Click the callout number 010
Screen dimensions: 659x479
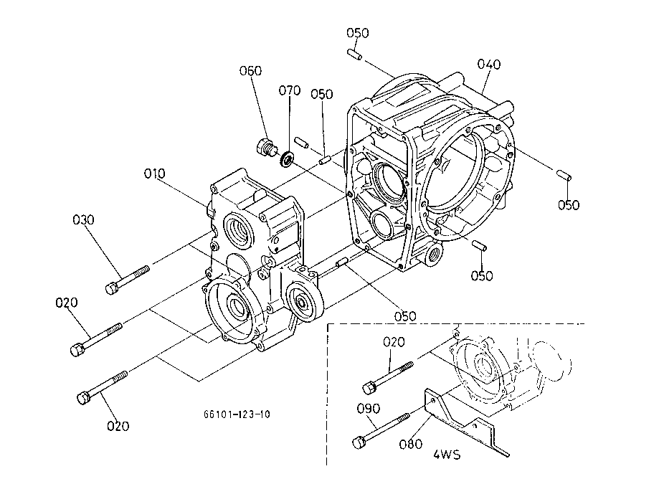[x=154, y=174]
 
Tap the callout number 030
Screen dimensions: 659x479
[x=83, y=219]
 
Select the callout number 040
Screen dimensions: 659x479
[x=489, y=65]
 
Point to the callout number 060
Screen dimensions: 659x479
[x=250, y=70]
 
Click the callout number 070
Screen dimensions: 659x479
[x=290, y=90]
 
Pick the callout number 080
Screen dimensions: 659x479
[x=411, y=444]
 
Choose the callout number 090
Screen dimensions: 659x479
[x=369, y=409]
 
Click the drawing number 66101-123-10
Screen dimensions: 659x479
[x=237, y=414]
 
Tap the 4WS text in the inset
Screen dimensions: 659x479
[x=447, y=455]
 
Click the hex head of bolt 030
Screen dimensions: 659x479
[x=111, y=288]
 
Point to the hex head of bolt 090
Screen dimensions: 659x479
[x=358, y=442]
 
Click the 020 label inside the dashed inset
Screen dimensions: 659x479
[x=394, y=342]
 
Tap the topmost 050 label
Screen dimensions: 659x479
[x=358, y=33]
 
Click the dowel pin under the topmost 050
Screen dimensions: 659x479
[x=355, y=54]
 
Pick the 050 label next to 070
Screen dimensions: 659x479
[x=322, y=94]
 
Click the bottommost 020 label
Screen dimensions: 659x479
[x=118, y=426]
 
